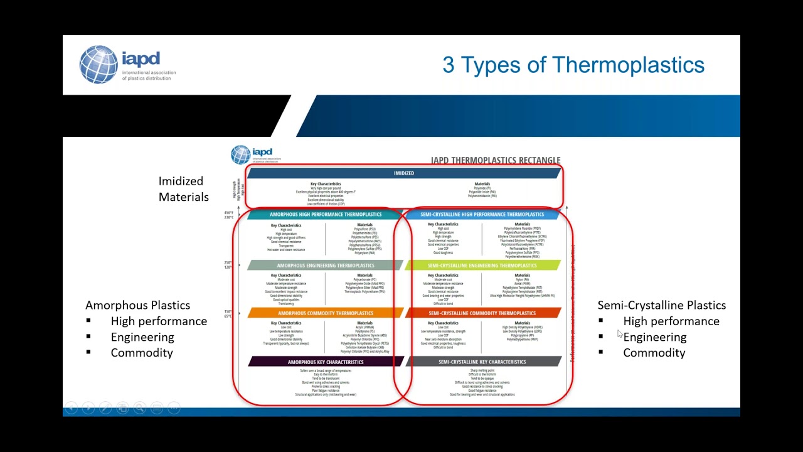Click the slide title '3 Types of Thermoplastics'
point(573,65)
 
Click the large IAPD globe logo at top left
point(98,65)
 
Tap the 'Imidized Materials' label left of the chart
point(183,189)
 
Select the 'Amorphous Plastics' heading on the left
point(137,305)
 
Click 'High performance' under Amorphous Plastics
point(159,321)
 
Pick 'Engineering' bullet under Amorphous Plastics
point(142,337)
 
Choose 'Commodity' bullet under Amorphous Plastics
point(142,353)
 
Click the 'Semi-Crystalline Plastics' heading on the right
point(661,305)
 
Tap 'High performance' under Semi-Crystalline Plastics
point(671,321)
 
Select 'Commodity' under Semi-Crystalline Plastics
point(654,353)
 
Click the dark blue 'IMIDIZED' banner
point(403,173)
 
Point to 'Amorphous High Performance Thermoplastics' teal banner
point(325,215)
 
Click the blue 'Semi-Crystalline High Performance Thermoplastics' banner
point(482,215)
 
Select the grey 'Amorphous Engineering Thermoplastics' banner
point(325,266)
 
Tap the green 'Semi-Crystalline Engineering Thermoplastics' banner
point(482,266)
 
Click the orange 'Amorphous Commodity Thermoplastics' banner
point(325,313)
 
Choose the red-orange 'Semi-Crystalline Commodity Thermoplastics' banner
point(482,313)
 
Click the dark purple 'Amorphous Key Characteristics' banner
point(325,362)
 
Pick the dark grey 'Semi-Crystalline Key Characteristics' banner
point(482,362)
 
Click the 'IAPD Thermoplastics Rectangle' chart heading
point(495,160)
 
